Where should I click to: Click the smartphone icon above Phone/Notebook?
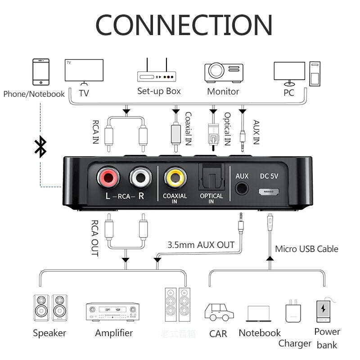[x=41, y=71]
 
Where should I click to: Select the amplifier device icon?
[x=112, y=311]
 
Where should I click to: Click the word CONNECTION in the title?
[x=184, y=25]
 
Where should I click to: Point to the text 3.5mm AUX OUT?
[x=201, y=245]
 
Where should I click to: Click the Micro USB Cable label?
[x=306, y=249]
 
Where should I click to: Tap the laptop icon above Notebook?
[x=259, y=314]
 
